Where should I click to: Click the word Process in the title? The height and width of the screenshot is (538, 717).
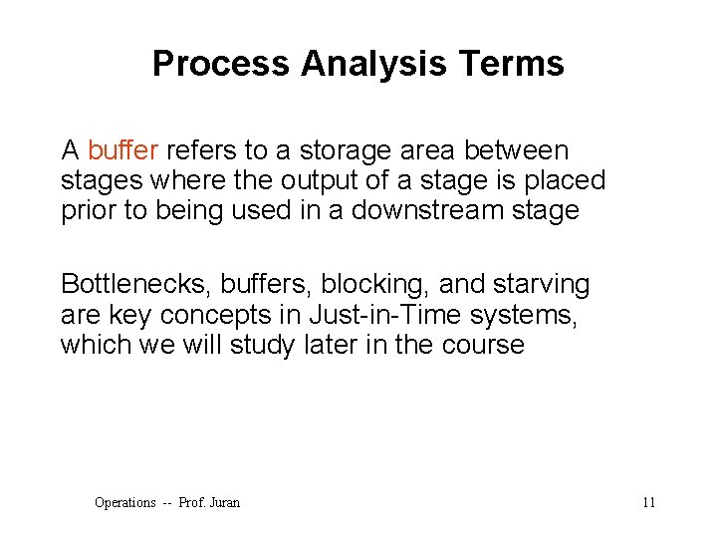tap(221, 64)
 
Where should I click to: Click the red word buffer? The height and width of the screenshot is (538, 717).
tap(122, 150)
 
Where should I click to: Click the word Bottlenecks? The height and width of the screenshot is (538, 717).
tap(129, 285)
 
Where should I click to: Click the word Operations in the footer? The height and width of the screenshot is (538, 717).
tap(124, 502)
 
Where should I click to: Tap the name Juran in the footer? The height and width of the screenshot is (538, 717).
tap(224, 502)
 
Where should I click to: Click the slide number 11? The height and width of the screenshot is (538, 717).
tap(648, 502)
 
